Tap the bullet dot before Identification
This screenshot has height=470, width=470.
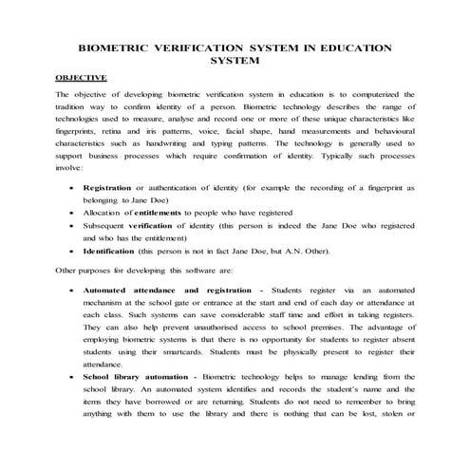click(74, 253)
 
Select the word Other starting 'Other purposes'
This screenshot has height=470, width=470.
click(67, 271)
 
